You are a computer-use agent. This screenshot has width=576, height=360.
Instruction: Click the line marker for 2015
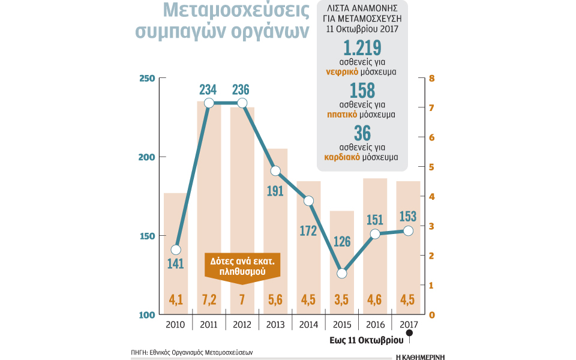click(342, 273)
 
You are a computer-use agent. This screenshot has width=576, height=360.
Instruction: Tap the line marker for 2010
click(175, 250)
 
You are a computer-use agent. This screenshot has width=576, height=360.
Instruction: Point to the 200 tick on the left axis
click(147, 157)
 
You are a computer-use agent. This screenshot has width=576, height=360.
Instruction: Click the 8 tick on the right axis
click(431, 79)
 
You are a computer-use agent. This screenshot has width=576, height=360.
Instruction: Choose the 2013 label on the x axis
click(275, 324)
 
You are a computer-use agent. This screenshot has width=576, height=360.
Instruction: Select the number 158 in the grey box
click(362, 91)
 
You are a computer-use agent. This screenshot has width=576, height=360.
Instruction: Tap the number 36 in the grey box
click(362, 134)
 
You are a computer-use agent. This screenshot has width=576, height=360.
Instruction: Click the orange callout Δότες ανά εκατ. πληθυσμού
click(243, 266)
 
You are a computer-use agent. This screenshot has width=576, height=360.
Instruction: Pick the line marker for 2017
click(409, 231)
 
